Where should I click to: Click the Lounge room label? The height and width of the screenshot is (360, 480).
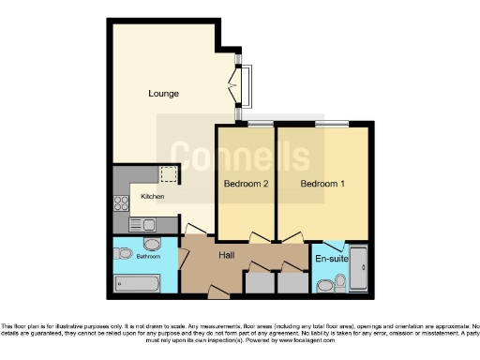point(163,94)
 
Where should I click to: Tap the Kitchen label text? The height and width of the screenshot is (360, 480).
point(152,197)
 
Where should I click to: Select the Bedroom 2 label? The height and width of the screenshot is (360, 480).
point(246,184)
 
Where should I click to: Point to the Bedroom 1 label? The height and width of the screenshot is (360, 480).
point(322,184)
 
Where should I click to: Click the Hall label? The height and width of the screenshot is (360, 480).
point(226,254)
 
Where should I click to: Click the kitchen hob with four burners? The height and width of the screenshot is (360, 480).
point(121,202)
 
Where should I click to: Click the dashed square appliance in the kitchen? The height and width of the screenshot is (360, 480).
point(168,175)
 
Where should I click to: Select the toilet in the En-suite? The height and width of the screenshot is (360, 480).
point(325,285)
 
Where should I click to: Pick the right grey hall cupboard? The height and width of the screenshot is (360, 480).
point(292,282)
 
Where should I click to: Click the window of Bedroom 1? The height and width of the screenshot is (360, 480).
point(331,124)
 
